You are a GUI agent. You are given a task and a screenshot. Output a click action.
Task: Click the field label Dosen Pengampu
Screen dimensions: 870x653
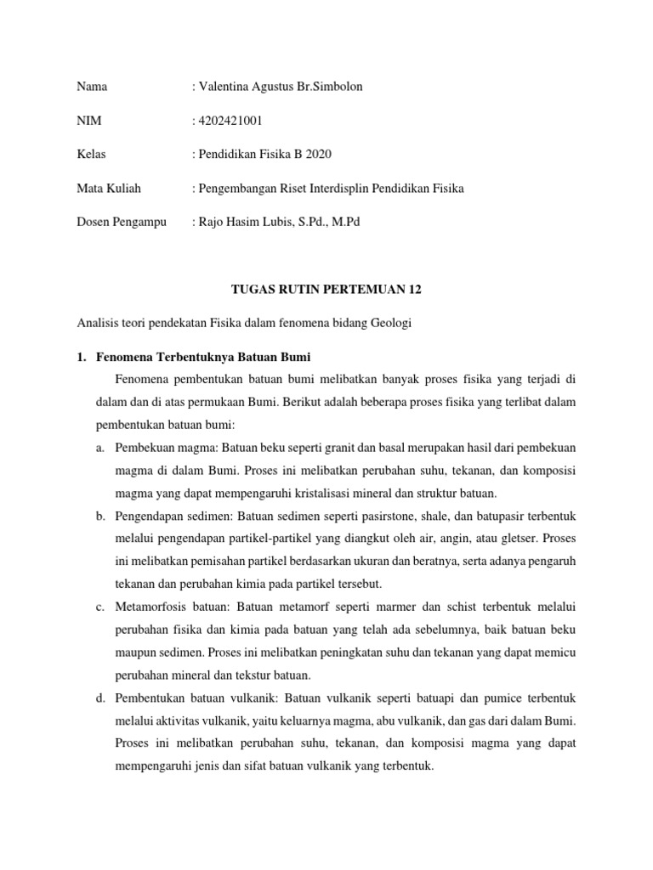(122, 222)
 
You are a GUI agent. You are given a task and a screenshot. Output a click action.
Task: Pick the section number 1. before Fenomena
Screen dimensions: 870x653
(82, 356)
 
